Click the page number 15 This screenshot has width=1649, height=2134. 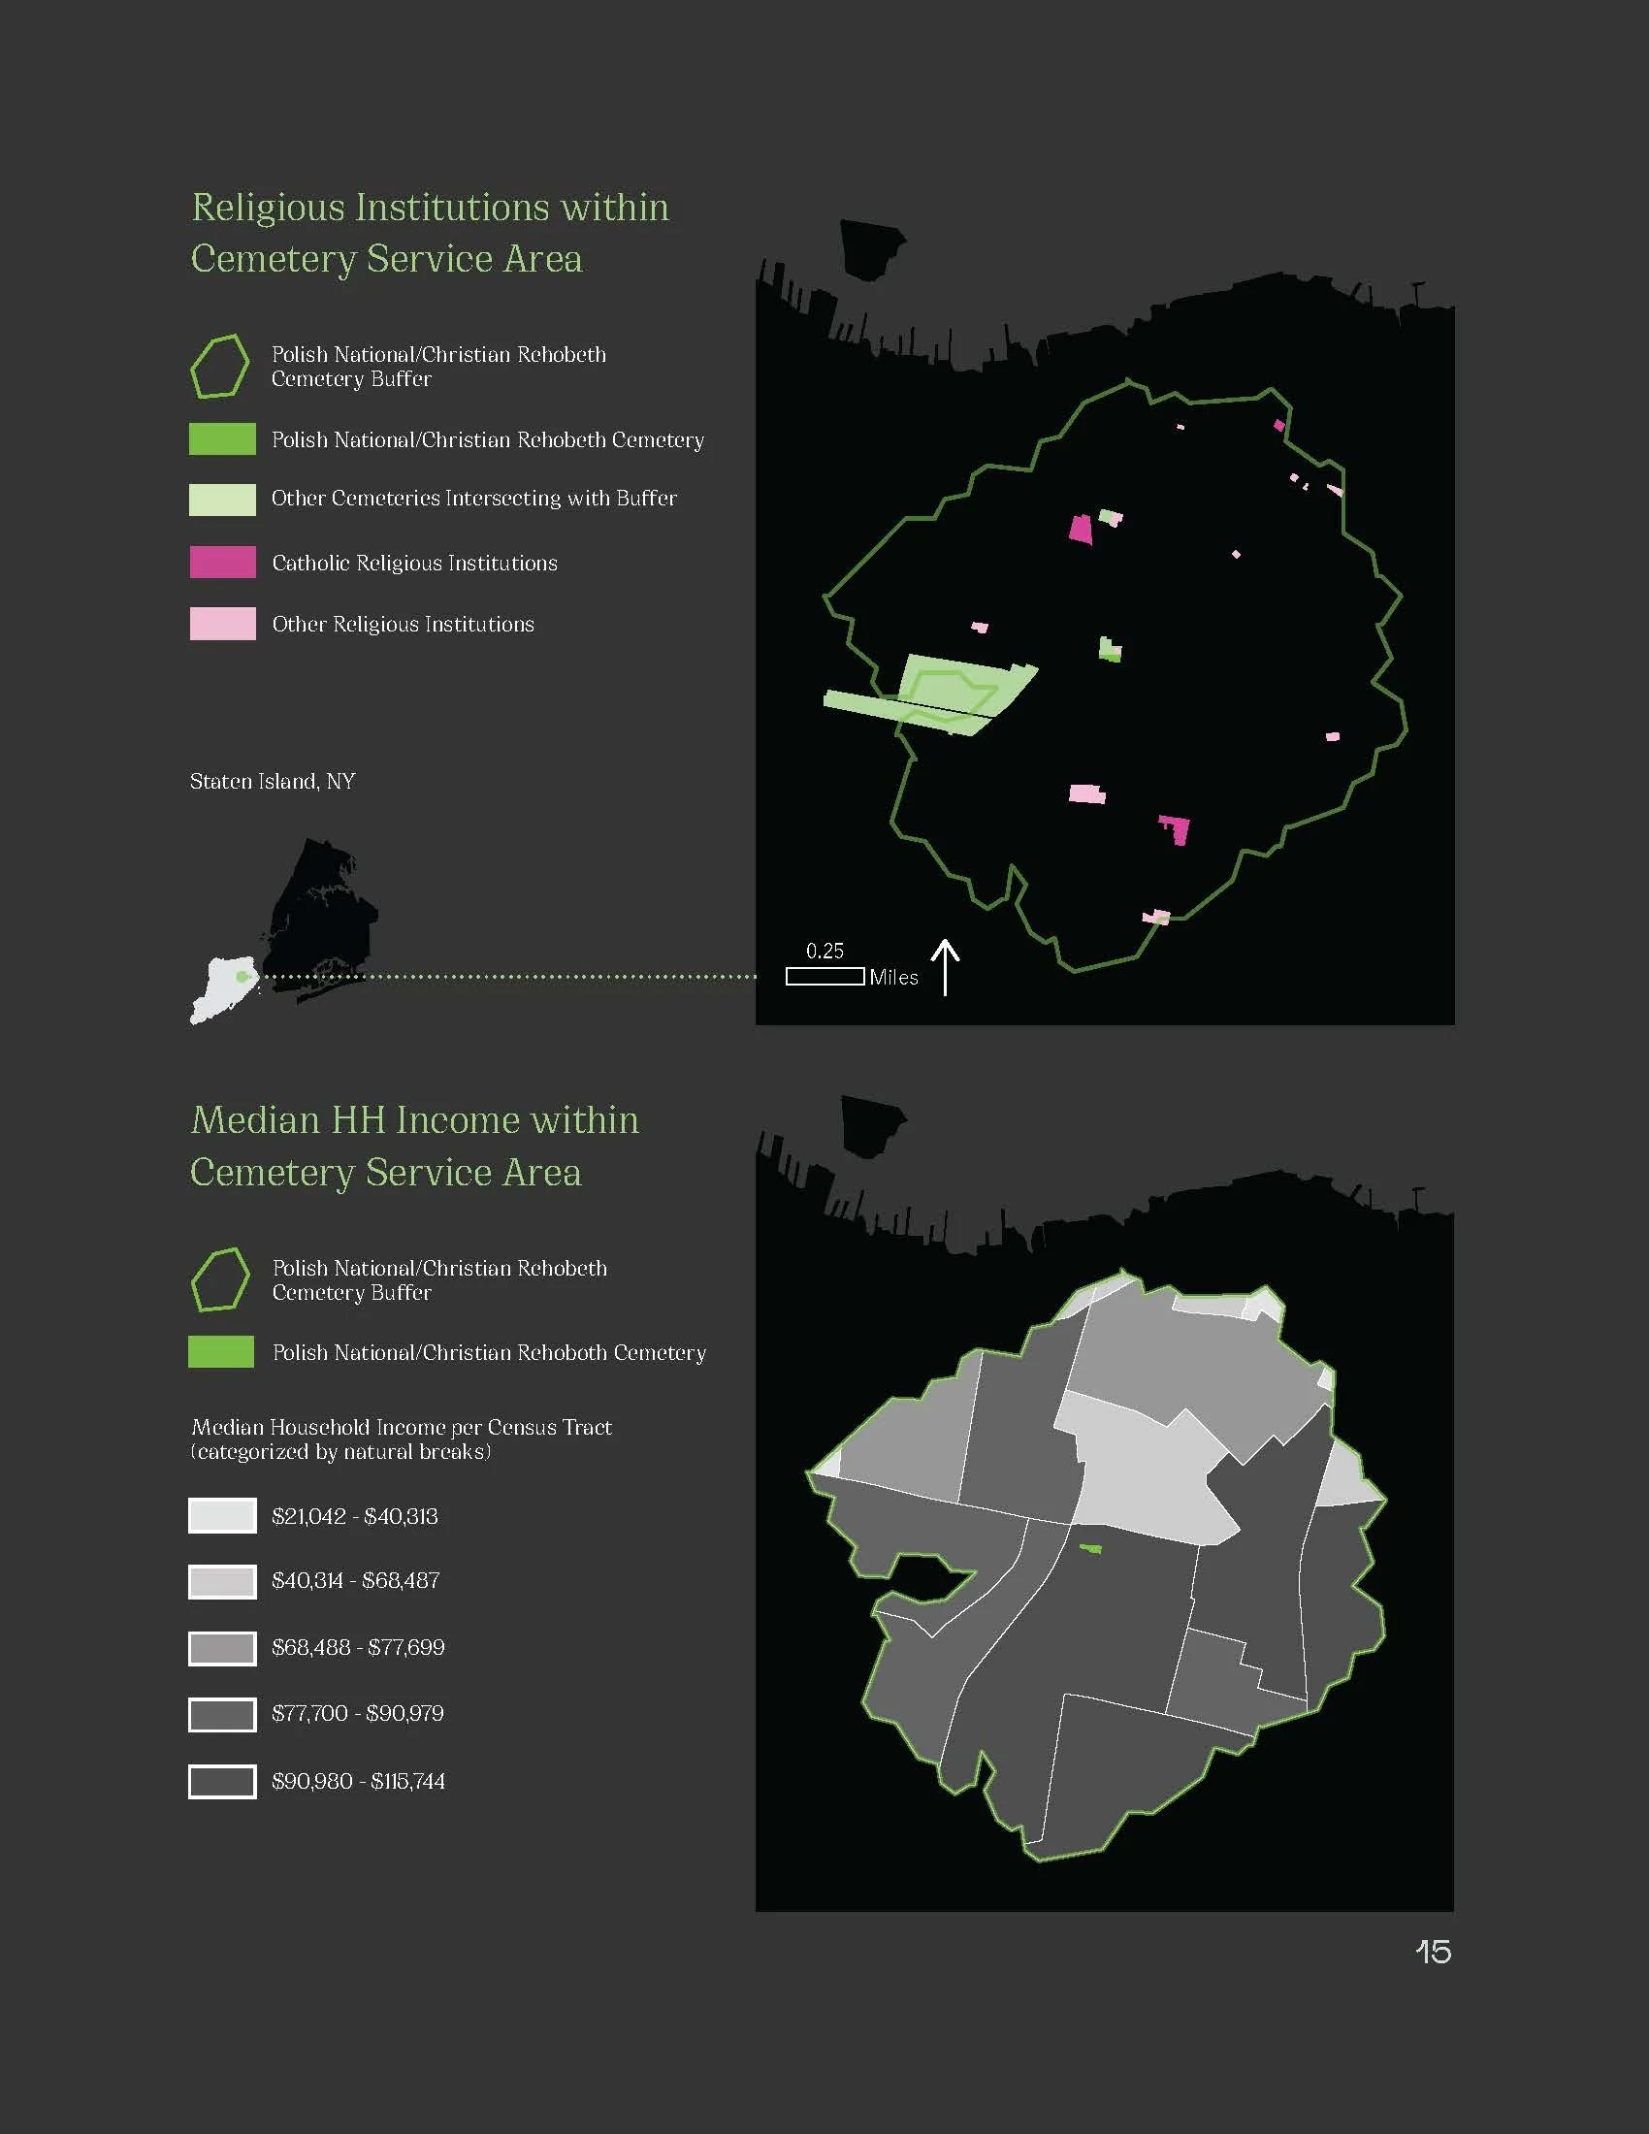[1433, 1952]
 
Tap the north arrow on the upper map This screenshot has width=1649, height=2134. [945, 966]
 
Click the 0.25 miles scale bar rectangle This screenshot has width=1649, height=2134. [824, 976]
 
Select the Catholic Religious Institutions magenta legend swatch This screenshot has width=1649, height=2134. [223, 562]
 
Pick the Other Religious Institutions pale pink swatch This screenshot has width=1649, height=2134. [223, 624]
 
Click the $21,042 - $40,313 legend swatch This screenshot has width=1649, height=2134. [223, 1515]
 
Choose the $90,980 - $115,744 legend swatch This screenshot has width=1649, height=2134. [223, 1781]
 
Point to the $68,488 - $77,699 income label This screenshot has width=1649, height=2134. [358, 1647]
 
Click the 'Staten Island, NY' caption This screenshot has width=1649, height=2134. [273, 782]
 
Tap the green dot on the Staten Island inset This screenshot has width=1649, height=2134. [242, 976]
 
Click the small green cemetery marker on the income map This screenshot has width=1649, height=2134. [1090, 1548]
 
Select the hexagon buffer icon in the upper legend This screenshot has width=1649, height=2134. [219, 367]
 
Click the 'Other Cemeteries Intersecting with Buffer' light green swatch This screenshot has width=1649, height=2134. [223, 499]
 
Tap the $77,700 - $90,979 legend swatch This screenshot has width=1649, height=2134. [223, 1714]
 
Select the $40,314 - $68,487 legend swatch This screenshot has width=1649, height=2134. [223, 1581]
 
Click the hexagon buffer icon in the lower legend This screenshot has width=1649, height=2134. [220, 1280]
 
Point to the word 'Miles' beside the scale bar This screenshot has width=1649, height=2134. [894, 977]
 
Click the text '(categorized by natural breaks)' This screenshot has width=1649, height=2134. [340, 1452]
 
